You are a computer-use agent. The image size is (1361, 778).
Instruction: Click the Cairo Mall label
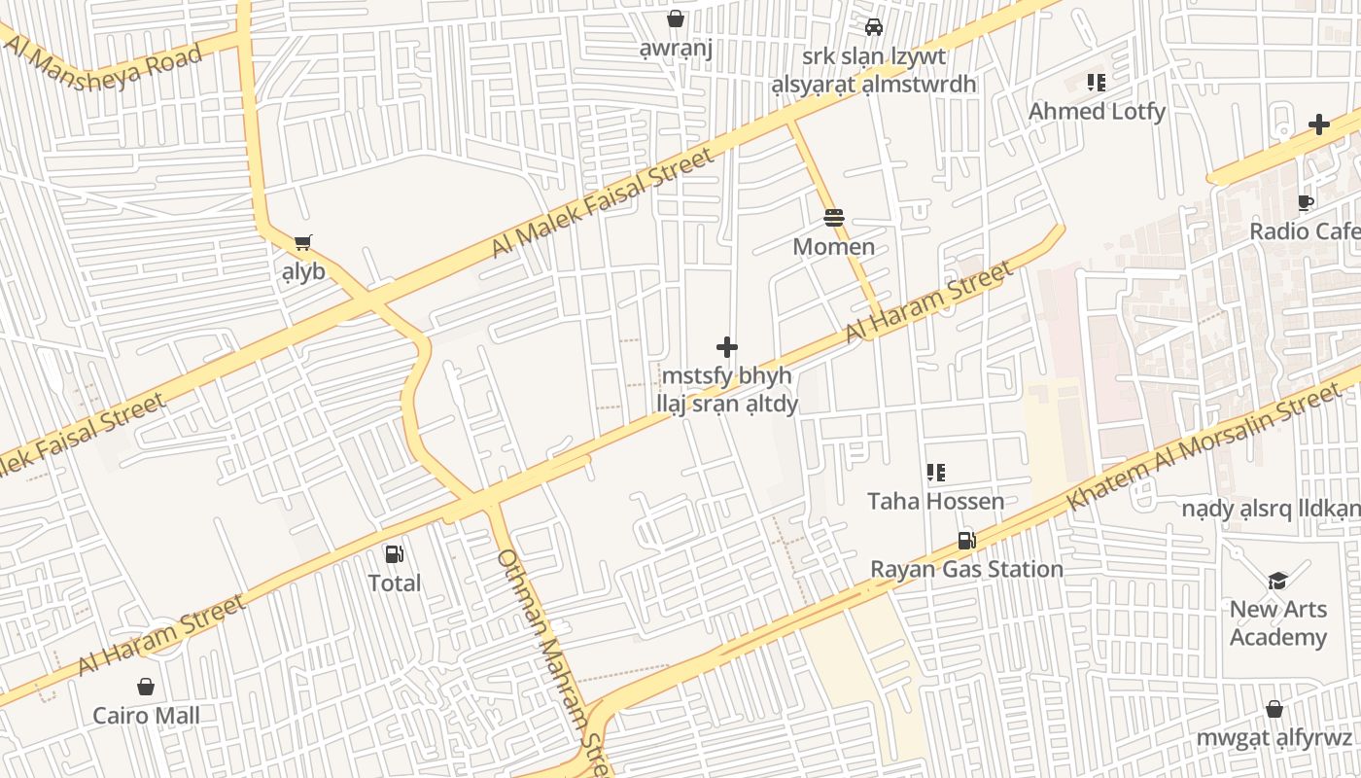[146, 717]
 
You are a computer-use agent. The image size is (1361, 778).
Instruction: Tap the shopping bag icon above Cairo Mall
[146, 688]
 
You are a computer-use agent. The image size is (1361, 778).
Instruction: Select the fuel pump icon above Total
[394, 554]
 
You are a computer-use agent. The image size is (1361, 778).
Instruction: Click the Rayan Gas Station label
[966, 569]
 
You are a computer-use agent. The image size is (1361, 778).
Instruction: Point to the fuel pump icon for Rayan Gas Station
[966, 541]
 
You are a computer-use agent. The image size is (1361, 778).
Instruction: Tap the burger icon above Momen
[833, 218]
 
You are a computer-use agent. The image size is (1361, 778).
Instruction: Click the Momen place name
[833, 247]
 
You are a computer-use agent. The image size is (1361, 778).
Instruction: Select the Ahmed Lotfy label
[1097, 112]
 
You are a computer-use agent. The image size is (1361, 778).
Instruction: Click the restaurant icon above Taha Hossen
[935, 474]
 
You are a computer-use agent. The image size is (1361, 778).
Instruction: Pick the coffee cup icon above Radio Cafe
[1305, 203]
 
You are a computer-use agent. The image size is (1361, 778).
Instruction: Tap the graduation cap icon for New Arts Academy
[1277, 581]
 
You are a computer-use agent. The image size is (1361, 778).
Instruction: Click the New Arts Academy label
[1277, 623]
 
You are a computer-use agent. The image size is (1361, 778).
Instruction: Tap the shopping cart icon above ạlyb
[303, 242]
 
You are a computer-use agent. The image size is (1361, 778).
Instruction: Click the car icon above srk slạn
[873, 27]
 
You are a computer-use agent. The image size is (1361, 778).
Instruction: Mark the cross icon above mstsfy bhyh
[726, 347]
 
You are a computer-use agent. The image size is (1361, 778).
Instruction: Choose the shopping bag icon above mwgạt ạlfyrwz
[1274, 710]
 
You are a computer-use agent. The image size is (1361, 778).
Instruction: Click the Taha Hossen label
[935, 502]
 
